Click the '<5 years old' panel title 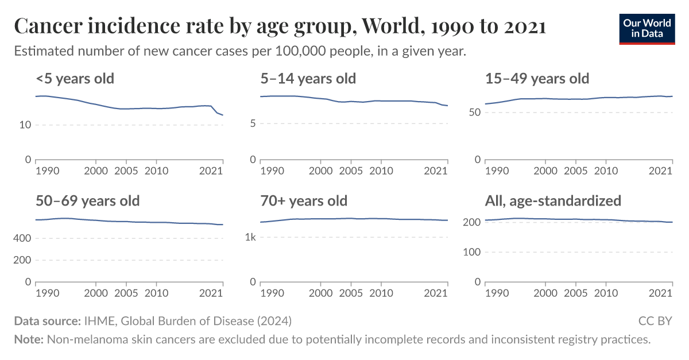[x=75, y=78]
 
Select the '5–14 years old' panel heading [x=308, y=78]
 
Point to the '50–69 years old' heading [x=87, y=201]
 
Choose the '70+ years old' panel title [x=304, y=201]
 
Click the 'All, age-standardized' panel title [x=553, y=201]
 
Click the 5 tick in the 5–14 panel [x=252, y=123]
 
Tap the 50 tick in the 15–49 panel [x=474, y=113]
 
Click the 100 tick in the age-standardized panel [x=471, y=252]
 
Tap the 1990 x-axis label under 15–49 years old [x=497, y=171]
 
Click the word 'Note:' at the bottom [x=29, y=339]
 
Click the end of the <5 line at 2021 [x=223, y=115]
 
